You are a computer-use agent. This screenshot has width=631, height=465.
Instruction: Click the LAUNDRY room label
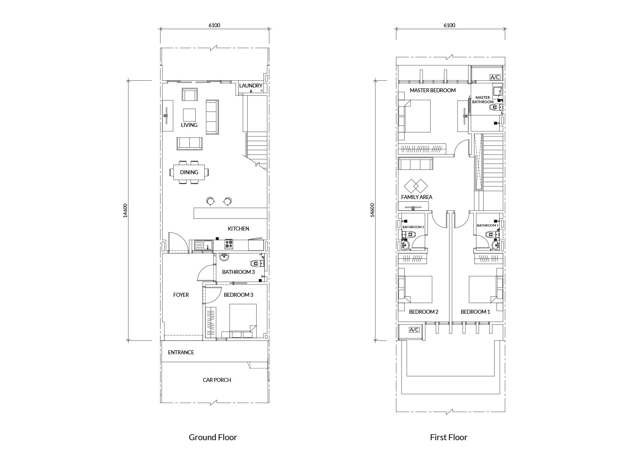point(251,86)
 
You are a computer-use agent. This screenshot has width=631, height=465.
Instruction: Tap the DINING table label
point(189,172)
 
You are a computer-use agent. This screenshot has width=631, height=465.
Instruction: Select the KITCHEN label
point(238,229)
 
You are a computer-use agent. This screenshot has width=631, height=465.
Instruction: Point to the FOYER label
point(181,295)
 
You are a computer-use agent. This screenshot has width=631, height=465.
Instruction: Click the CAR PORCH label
point(217,380)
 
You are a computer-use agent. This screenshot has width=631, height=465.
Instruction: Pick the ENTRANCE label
point(181,352)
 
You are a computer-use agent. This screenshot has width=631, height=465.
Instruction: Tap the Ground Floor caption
point(213,437)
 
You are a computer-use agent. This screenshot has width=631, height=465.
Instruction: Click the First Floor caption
point(448,437)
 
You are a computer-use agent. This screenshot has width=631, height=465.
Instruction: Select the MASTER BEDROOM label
point(433,90)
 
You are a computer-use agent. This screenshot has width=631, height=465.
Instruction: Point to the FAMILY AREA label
point(416,197)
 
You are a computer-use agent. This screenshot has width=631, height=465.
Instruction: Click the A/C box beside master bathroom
point(495,77)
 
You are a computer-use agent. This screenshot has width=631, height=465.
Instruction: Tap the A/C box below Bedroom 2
point(414,329)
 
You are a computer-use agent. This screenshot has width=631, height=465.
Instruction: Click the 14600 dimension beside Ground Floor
point(125,210)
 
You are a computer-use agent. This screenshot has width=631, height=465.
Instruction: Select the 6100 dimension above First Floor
point(449,25)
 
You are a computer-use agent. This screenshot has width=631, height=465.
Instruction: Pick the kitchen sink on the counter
point(203,245)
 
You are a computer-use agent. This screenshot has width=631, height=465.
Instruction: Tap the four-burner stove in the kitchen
point(228,244)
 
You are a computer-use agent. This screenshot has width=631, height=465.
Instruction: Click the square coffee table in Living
point(189,115)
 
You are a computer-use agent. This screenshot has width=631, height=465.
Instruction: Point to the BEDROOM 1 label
point(475,312)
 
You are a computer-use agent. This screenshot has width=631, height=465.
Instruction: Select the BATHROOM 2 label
point(413,227)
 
